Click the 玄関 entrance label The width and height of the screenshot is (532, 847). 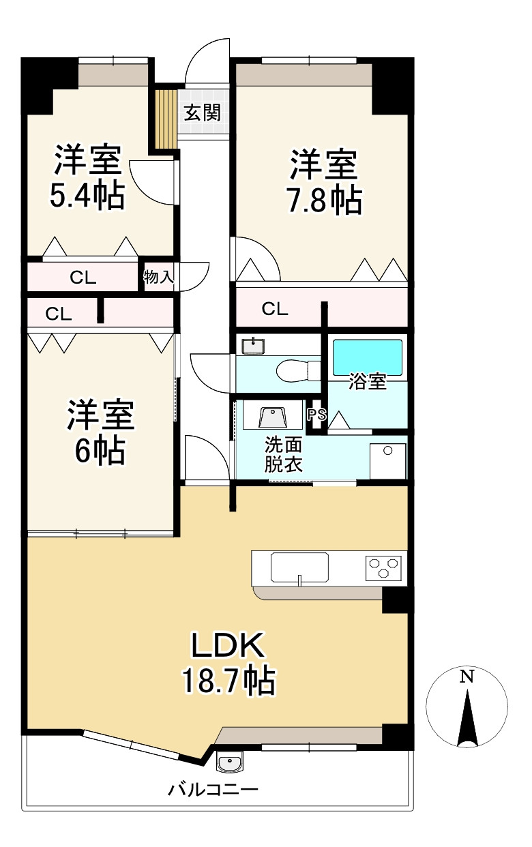(203, 113)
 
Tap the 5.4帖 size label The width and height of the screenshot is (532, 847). (87, 195)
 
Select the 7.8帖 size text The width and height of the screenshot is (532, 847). (325, 200)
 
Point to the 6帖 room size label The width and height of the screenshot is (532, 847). (100, 450)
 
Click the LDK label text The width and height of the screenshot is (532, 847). (228, 645)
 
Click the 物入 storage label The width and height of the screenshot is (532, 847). (158, 277)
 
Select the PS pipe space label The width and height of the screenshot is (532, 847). (316, 415)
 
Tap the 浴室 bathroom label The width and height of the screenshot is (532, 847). (367, 381)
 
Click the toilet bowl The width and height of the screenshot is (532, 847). (299, 371)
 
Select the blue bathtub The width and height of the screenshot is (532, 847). (367, 357)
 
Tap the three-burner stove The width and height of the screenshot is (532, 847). (383, 568)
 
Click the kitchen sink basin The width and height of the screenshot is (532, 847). (299, 567)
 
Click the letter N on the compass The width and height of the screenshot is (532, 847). (467, 676)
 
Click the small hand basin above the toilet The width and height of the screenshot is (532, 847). (253, 346)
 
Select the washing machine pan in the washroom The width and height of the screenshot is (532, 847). (387, 461)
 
